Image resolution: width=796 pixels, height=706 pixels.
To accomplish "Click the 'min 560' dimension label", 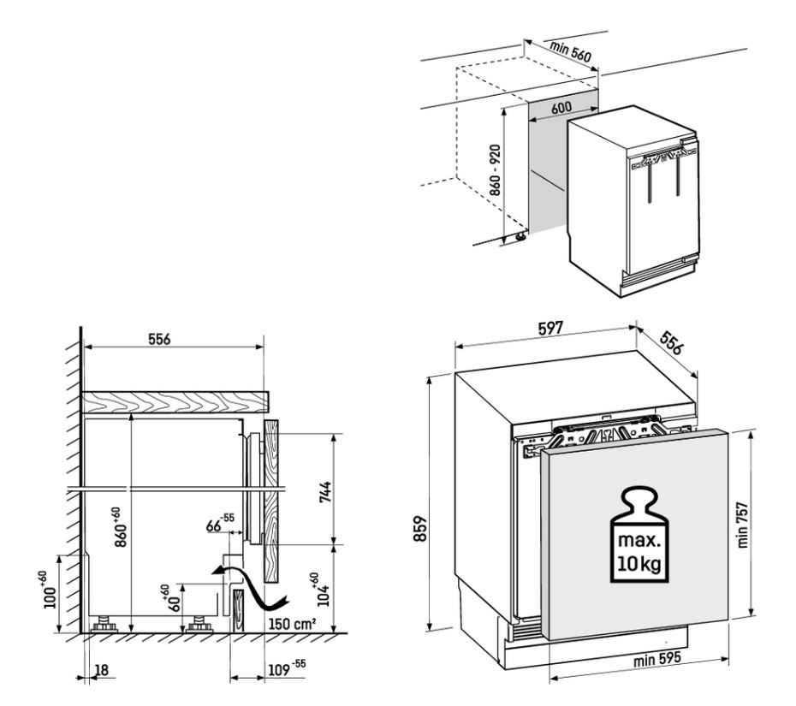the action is (x=570, y=52).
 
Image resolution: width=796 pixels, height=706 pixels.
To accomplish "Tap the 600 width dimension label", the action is (x=561, y=108).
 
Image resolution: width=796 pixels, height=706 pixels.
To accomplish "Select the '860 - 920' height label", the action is (x=495, y=170).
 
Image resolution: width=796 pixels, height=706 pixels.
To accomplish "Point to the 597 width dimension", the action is (x=550, y=329).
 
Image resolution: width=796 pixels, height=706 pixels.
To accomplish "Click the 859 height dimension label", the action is (x=420, y=528).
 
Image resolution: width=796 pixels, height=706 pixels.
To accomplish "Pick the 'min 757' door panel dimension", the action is (x=742, y=525).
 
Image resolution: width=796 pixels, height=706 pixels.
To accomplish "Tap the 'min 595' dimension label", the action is (x=656, y=659).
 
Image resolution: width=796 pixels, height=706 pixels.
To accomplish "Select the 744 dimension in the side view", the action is (x=325, y=492).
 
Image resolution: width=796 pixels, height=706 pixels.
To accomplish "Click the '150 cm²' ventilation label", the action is (x=293, y=623).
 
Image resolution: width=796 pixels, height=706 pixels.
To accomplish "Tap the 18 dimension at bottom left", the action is (x=102, y=670).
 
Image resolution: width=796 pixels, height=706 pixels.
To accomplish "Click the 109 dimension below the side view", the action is (x=287, y=667).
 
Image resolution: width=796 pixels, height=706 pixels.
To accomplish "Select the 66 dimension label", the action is (x=220, y=523).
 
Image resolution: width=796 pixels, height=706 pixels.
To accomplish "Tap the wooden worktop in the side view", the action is (x=175, y=401).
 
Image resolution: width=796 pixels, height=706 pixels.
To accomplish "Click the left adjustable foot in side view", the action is (x=104, y=624).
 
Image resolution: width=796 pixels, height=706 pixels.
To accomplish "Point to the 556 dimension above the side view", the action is (x=159, y=339).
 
